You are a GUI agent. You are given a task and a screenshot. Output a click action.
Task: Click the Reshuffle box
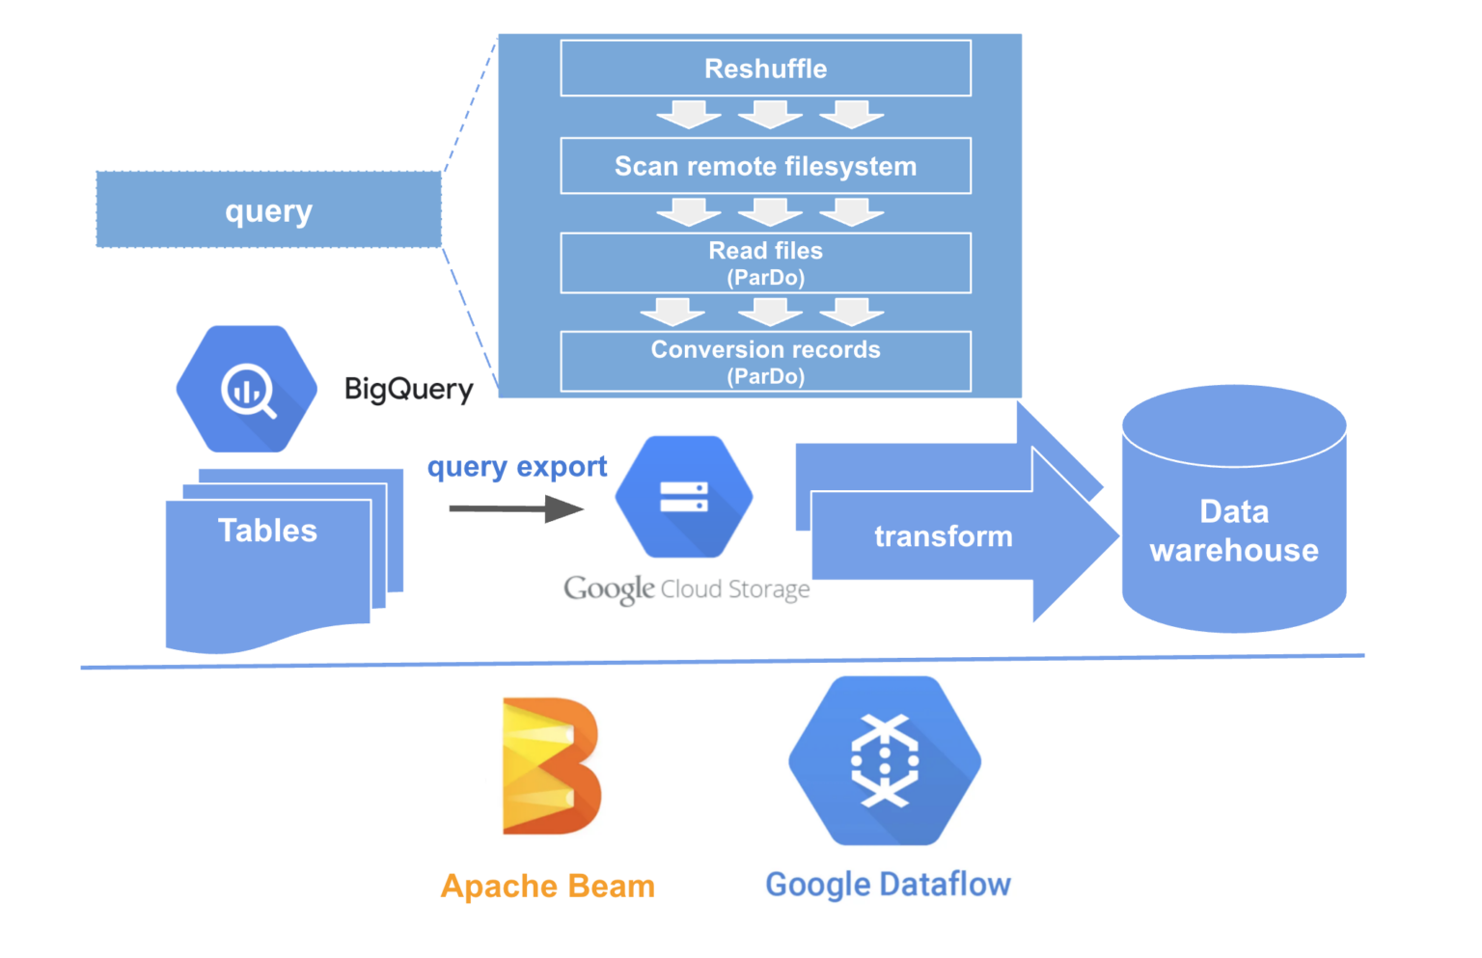pos(765,68)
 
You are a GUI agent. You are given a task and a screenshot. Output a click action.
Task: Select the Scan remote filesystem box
pos(765,166)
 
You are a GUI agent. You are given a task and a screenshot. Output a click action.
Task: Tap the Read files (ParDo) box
pos(765,262)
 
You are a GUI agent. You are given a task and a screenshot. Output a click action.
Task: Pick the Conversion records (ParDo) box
pos(765,362)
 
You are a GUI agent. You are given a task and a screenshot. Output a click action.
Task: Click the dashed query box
pos(268,210)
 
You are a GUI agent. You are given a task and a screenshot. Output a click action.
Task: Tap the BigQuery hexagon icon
pos(247,389)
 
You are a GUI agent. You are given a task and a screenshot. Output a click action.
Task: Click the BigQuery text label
pos(409,389)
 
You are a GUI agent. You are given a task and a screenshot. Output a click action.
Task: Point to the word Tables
pos(267,531)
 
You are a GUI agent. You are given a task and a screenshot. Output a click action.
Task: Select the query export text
pos(517,467)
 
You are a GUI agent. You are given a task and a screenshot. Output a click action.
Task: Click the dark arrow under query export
pos(516,508)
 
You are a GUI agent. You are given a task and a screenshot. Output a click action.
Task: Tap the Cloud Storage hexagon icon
pos(684,497)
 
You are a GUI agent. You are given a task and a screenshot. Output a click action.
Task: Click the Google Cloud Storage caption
pos(687,588)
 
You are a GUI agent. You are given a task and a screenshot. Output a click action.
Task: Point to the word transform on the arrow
pos(943,536)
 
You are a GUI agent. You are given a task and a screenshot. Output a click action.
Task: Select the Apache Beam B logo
pos(551,766)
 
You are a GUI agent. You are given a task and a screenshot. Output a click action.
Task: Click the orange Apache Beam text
pos(547,886)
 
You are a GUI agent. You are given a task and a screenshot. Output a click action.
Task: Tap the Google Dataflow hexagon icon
pos(885,761)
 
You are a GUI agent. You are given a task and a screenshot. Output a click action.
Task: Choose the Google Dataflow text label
pos(888,884)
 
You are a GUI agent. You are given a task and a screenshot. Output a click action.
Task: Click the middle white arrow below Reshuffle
pos(770,115)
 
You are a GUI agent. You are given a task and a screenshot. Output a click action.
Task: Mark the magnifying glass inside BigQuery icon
pos(249,391)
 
